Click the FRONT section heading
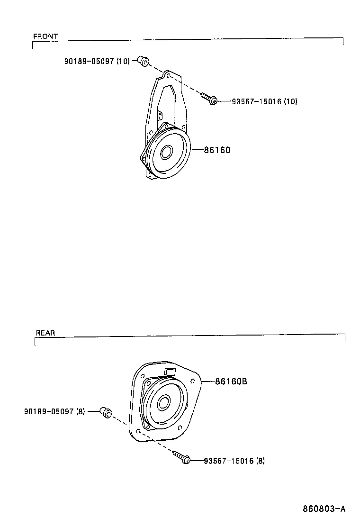tap(45, 36)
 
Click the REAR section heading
tap(45, 333)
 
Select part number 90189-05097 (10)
tap(97, 62)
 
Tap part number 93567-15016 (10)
tap(264, 101)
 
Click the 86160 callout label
tap(217, 150)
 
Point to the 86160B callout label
tap(231, 381)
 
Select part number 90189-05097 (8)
tap(54, 411)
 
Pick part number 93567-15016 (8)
tap(234, 461)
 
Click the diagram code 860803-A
tap(324, 509)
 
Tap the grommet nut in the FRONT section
tap(143, 61)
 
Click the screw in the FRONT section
tap(209, 98)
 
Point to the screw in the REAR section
tap(181, 458)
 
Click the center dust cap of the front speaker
tap(167, 152)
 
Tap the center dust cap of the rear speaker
tap(164, 402)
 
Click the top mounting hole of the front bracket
tap(167, 75)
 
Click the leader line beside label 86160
tap(197, 150)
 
